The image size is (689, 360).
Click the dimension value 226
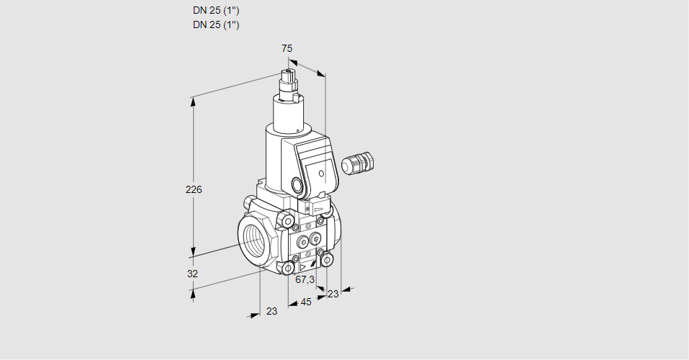click(194, 190)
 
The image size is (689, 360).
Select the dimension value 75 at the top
click(287, 48)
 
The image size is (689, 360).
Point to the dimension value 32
click(192, 274)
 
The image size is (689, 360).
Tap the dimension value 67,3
click(305, 279)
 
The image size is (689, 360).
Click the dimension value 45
click(306, 302)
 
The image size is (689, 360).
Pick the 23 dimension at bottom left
click(271, 312)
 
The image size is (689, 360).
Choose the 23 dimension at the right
click(333, 294)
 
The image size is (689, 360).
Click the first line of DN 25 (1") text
click(216, 11)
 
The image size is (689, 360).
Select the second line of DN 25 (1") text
click(216, 25)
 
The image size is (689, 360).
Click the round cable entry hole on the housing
click(298, 184)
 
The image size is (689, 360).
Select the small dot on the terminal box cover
click(320, 173)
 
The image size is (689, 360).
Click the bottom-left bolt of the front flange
click(289, 269)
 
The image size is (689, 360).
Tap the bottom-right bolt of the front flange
click(328, 259)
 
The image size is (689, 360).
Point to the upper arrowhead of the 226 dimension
click(192, 102)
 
